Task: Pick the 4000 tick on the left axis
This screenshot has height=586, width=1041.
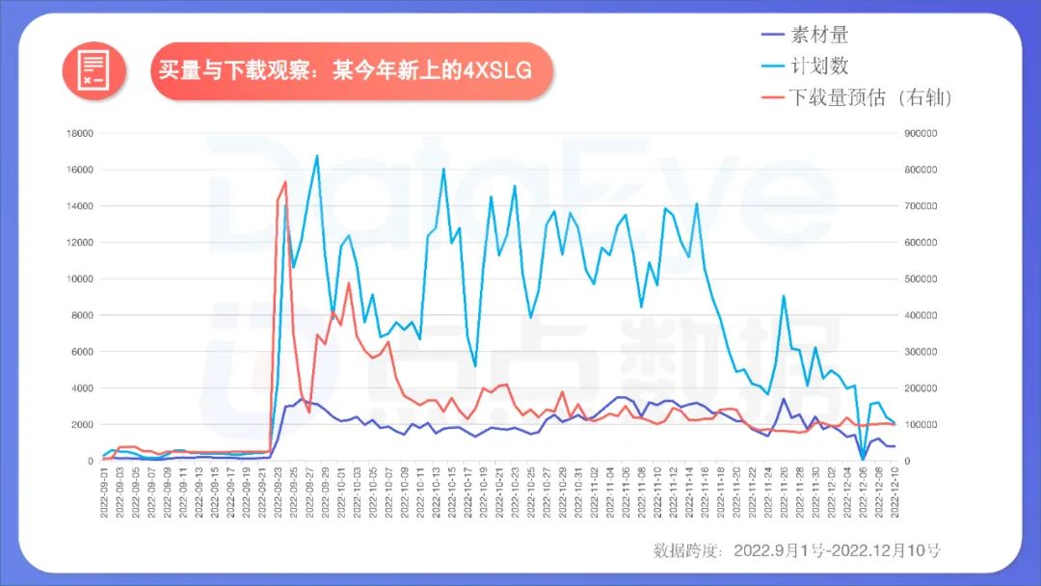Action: pos(81,388)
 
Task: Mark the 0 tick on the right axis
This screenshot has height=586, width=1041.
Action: pos(912,461)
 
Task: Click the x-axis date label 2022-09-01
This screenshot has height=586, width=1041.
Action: pos(104,493)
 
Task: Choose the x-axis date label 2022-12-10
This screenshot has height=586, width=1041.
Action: pos(894,493)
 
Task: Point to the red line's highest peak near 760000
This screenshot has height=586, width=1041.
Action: pos(285,182)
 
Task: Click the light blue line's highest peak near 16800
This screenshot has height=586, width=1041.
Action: pos(317,155)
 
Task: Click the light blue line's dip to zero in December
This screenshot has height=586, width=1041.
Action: pos(863,460)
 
